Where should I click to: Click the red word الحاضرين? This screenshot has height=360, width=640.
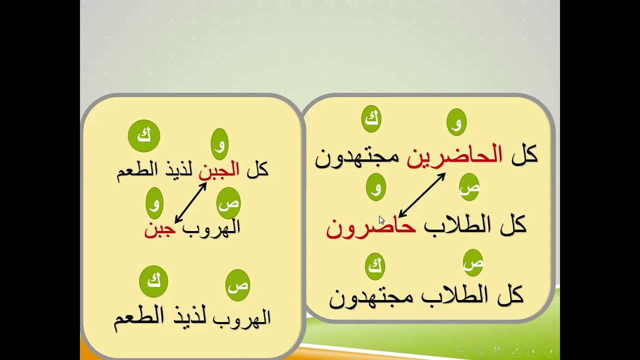coord(454,156)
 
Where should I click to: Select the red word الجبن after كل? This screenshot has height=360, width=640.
coord(219,170)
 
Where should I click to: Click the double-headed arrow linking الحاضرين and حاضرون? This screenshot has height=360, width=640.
coord(422,195)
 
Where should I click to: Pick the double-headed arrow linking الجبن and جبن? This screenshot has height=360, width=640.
coord(191,202)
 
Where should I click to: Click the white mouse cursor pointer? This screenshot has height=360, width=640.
coord(381,220)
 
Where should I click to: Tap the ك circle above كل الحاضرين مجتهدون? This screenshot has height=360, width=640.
coord(371,119)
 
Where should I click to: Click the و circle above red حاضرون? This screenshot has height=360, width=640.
coord(376,187)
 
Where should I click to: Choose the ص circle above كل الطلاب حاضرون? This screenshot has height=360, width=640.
coord(469,187)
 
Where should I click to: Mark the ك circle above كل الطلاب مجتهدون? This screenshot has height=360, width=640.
coord(375,266)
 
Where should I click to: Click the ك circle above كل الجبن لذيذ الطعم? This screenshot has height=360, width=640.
coord(144,135)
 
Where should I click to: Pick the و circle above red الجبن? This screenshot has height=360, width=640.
coord(220,144)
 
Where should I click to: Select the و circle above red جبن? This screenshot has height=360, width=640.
coord(155,203)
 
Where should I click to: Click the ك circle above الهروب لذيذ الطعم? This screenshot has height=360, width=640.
coord(153,281)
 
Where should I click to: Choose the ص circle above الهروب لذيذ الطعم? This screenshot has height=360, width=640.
coord(237,285)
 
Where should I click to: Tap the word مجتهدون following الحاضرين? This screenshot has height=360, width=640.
coord(357,157)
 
